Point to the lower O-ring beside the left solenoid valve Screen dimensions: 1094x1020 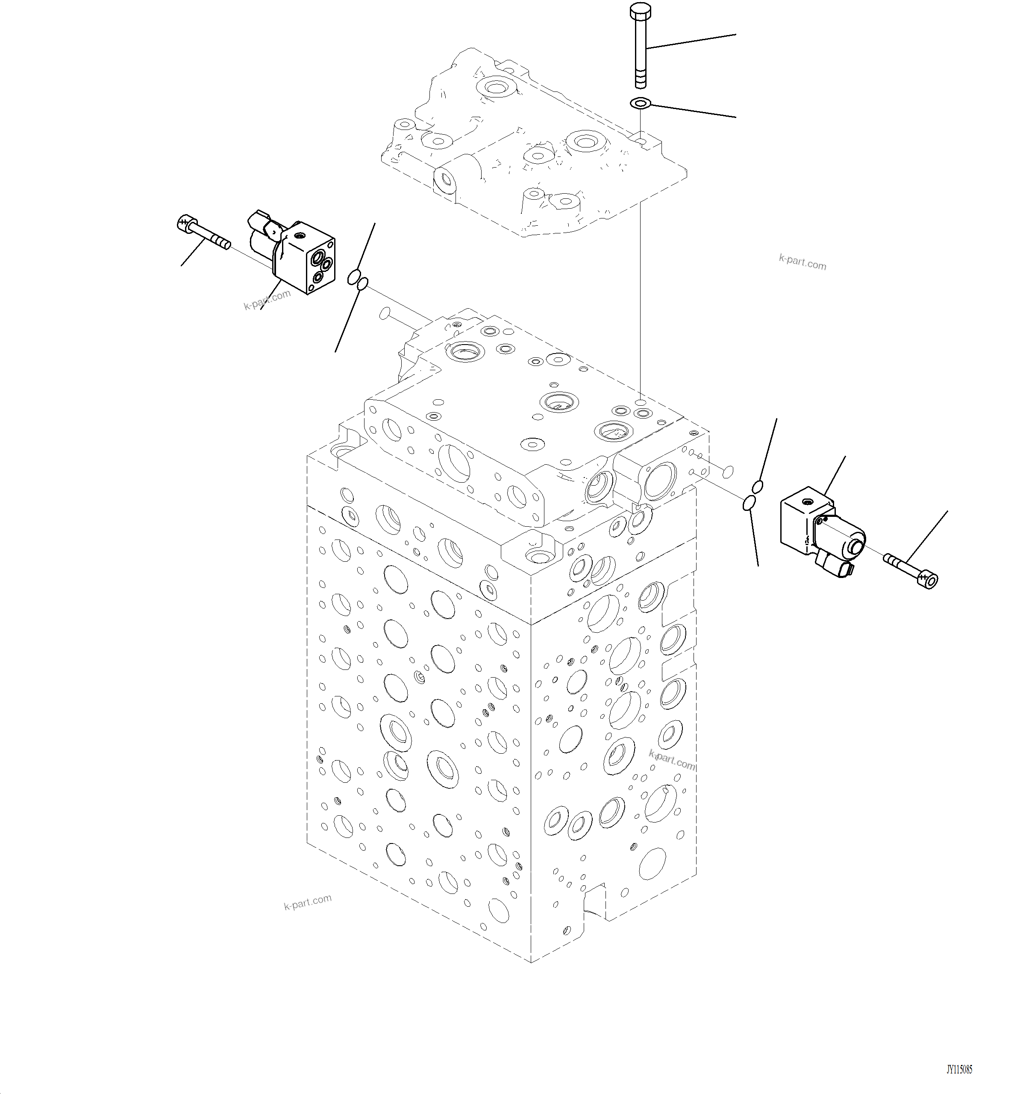point(362,284)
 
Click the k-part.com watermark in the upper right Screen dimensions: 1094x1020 point(802,262)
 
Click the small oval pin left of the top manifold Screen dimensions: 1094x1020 point(385,314)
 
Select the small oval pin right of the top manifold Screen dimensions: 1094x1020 point(727,471)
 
